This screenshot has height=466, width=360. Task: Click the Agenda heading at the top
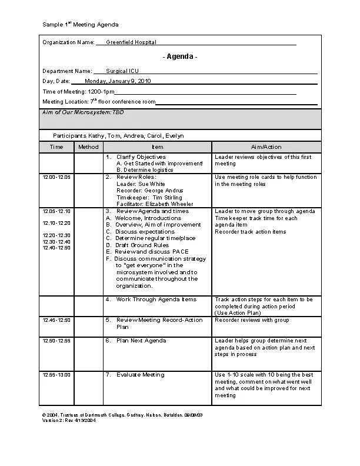click(180, 56)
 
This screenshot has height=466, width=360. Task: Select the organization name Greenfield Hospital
click(131, 42)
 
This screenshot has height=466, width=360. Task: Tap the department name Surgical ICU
click(122, 71)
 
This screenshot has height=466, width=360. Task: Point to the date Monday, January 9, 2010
click(118, 81)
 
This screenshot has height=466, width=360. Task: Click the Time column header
click(56, 147)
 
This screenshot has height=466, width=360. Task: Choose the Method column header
click(88, 147)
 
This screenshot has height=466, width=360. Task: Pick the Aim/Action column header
click(266, 147)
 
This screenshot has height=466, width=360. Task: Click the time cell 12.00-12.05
click(56, 177)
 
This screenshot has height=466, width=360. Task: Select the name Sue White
click(152, 184)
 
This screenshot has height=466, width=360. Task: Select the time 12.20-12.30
click(56, 235)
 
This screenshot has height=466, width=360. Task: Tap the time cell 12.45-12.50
click(56, 320)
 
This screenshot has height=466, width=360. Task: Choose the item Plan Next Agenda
click(141, 341)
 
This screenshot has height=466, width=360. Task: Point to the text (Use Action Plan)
click(237, 312)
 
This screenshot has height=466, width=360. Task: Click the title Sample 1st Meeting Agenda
click(81, 25)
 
